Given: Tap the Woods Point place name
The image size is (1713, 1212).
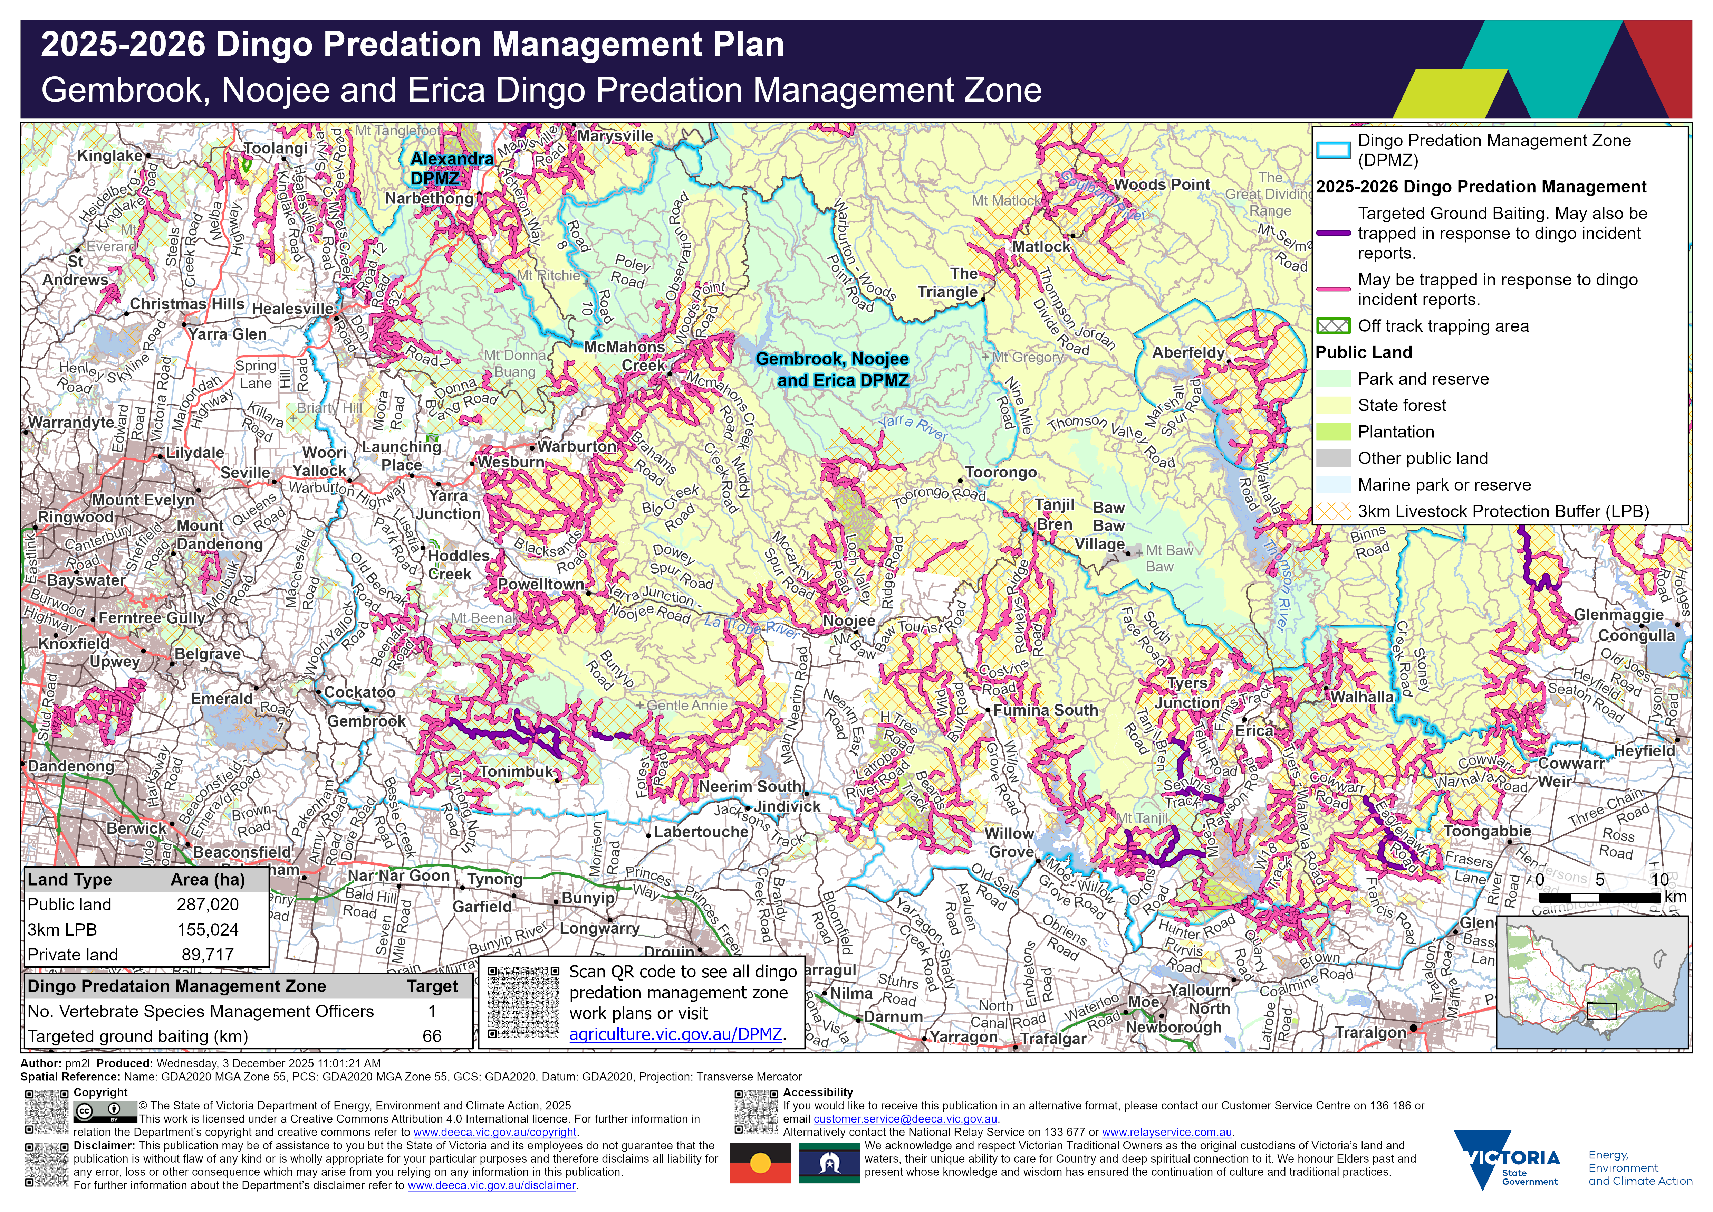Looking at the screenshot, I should tap(1162, 184).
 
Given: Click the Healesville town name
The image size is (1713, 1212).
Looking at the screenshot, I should tap(292, 309).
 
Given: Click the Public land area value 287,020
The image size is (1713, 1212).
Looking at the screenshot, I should tap(208, 905).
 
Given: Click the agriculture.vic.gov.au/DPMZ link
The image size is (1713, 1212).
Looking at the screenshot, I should tap(675, 1034).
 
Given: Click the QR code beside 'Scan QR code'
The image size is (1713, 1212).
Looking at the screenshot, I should tap(523, 1002).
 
